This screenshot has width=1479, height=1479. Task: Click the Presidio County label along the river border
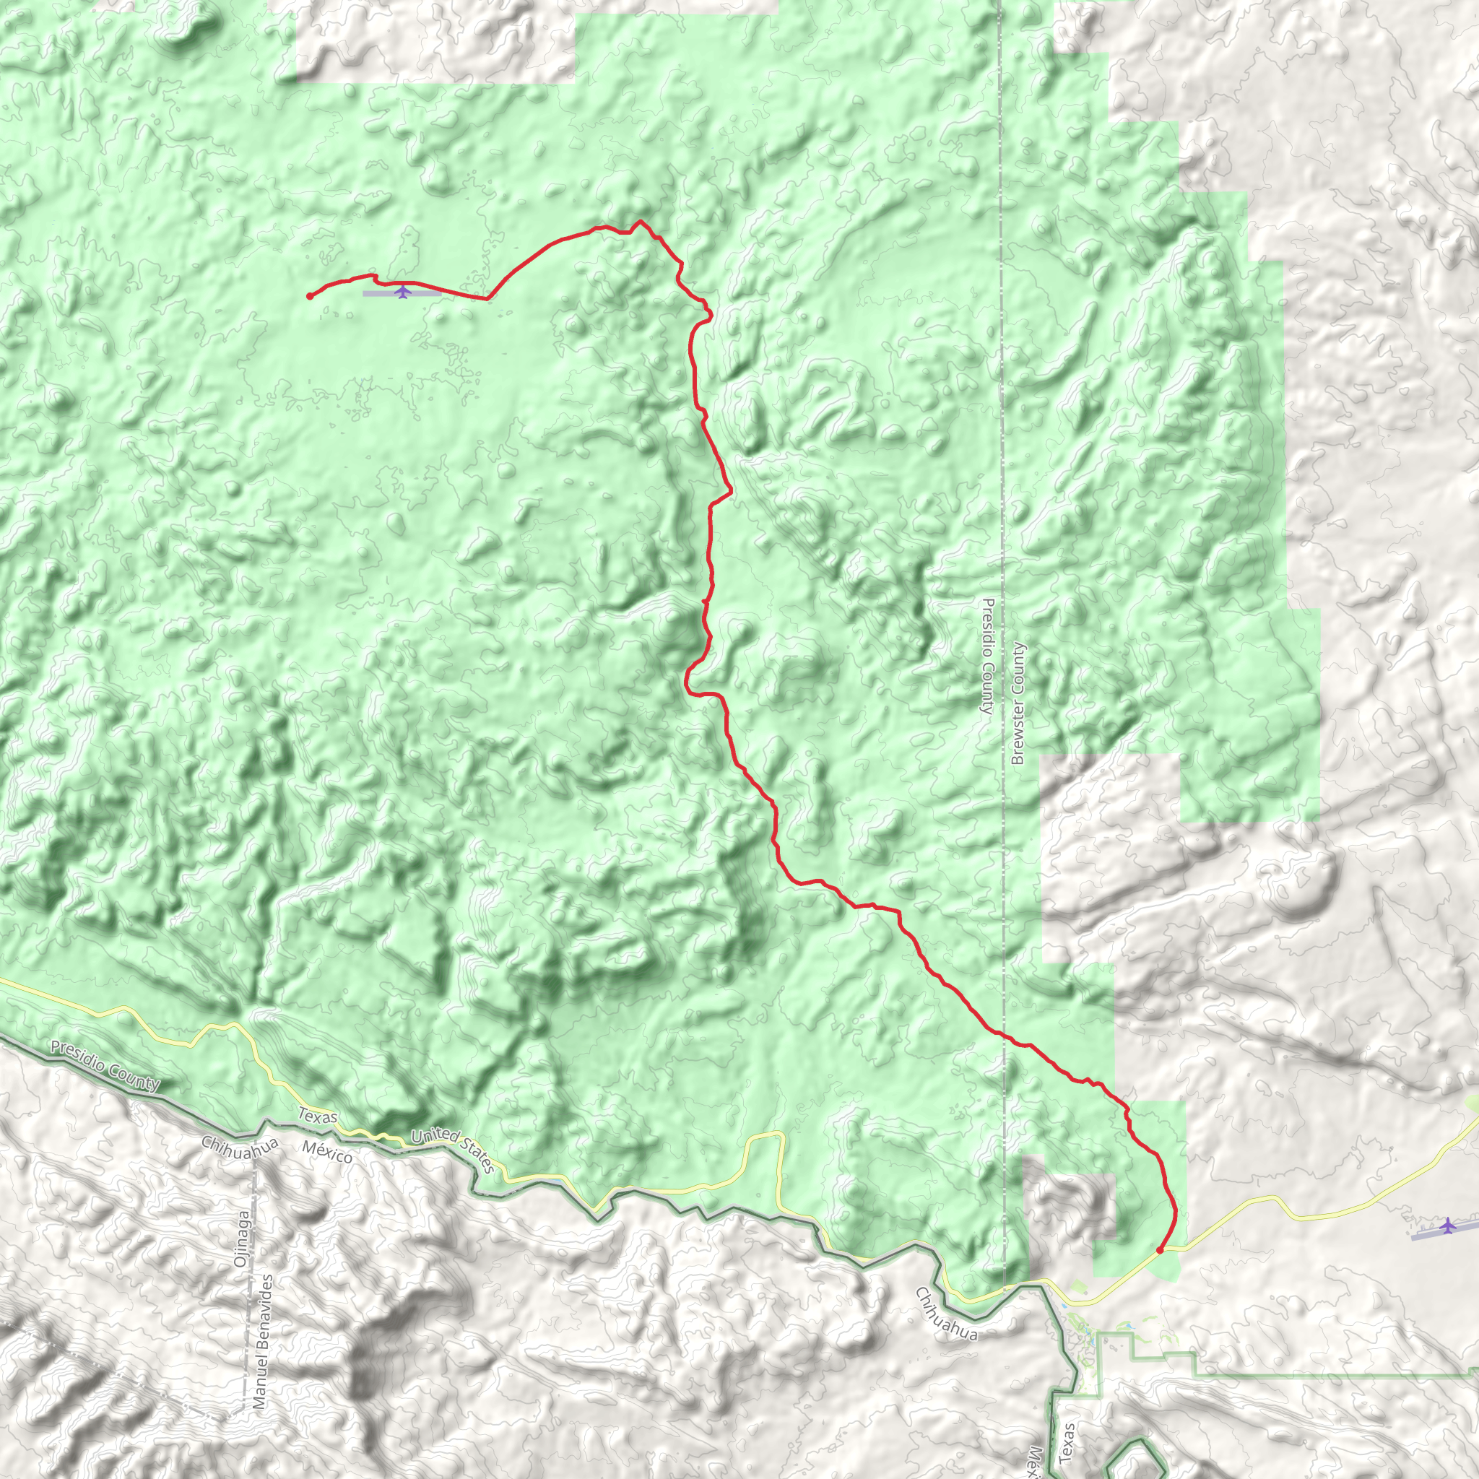click(x=105, y=1065)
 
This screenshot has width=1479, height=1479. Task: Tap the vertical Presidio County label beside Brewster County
click(x=986, y=655)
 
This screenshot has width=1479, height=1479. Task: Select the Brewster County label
click(x=1018, y=703)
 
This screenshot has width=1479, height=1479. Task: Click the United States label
click(x=454, y=1151)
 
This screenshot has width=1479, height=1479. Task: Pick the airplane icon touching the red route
click(x=403, y=291)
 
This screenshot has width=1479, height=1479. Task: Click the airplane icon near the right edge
click(x=1447, y=1226)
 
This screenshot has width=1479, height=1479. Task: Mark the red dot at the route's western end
click(x=309, y=296)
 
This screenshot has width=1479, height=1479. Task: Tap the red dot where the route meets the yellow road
click(x=1159, y=1250)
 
